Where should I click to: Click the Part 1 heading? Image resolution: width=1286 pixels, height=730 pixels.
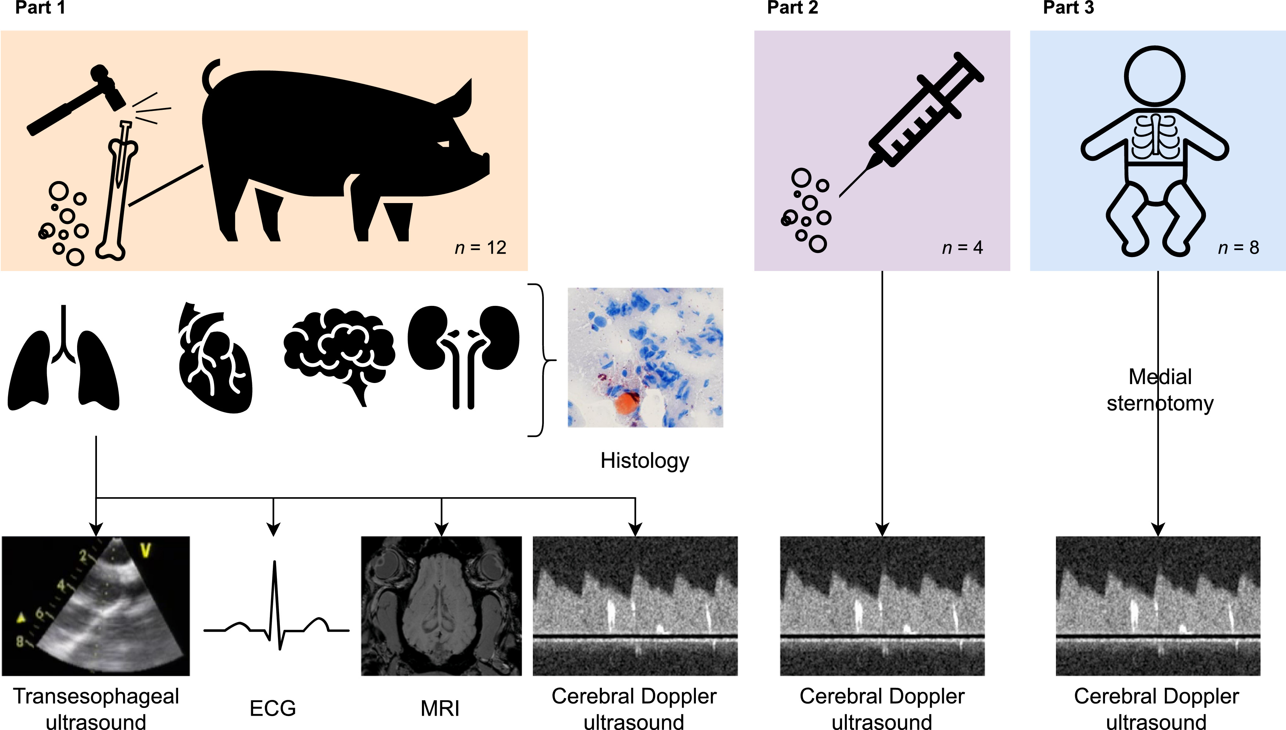pos(40,8)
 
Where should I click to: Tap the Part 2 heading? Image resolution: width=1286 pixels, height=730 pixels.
pos(792,8)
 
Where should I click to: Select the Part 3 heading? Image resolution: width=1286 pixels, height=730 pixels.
pos(1068,8)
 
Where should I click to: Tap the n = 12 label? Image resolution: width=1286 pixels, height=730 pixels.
pos(480,247)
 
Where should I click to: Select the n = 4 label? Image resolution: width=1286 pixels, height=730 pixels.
pos(962,247)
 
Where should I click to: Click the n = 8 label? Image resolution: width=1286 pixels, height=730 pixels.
pos(1238,247)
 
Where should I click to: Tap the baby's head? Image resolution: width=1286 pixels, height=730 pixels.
pos(1154,76)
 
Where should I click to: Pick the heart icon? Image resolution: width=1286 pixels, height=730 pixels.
pos(215,358)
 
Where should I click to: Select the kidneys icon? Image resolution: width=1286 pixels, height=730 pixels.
pos(463,351)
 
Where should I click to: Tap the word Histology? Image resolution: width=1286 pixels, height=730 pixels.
pos(645,460)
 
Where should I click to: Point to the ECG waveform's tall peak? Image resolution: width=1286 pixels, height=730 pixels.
pos(274,572)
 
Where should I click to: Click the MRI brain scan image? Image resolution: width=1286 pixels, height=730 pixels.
pos(441,606)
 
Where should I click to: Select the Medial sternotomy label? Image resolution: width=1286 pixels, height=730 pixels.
pos(1160,390)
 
